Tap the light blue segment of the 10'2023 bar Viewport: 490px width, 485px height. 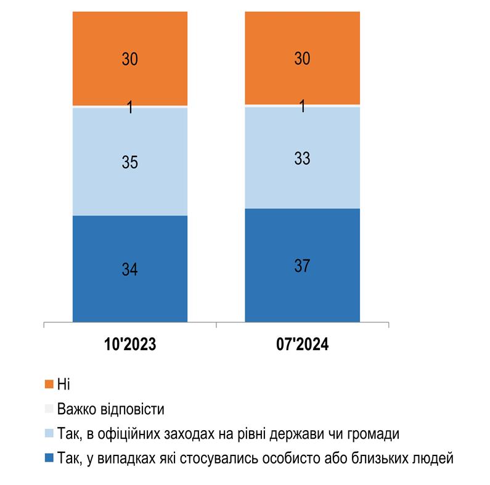click(129, 185)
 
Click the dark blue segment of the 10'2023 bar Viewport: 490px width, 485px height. click(129, 296)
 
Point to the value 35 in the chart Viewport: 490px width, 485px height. click(129, 163)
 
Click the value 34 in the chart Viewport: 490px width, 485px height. click(129, 269)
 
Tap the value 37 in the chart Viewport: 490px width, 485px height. click(302, 266)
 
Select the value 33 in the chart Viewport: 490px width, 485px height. click(302, 158)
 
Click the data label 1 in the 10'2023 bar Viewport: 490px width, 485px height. click(130, 108)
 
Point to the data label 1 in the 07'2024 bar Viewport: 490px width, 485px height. click(303, 107)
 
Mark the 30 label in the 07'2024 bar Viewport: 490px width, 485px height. click(302, 59)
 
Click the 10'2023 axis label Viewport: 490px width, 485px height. click(130, 344)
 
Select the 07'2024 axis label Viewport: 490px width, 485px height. click(302, 344)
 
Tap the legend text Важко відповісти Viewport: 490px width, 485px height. click(110, 409)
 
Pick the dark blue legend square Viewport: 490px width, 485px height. click(49, 459)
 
